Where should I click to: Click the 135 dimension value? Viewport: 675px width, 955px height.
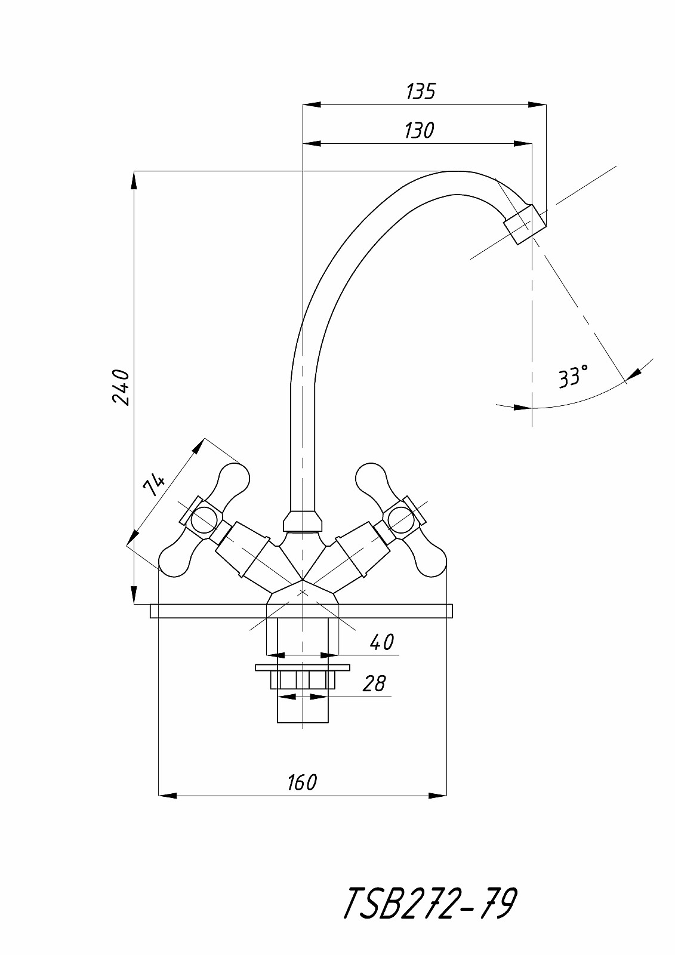420,92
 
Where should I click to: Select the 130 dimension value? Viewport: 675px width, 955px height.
419,131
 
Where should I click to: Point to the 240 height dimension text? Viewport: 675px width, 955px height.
121,387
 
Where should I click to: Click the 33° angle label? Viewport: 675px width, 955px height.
573,376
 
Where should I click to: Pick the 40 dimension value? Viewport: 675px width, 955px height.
381,642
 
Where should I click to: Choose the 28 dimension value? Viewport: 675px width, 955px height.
374,683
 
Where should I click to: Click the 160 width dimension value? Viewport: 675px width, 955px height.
303,783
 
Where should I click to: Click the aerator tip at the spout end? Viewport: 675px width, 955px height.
525,224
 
